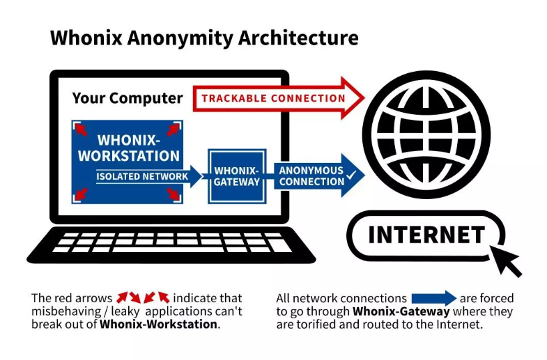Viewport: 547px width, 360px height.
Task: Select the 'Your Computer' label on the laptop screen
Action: tap(128, 98)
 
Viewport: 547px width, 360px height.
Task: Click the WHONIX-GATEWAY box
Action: tap(237, 176)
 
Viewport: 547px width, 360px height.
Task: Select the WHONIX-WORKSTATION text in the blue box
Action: tap(128, 148)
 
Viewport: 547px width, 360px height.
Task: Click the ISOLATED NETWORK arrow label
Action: tap(142, 177)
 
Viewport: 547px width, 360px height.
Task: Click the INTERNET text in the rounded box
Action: tap(426, 235)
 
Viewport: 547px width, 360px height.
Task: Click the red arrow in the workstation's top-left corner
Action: tap(82, 130)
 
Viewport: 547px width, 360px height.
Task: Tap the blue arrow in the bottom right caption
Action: tap(433, 298)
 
